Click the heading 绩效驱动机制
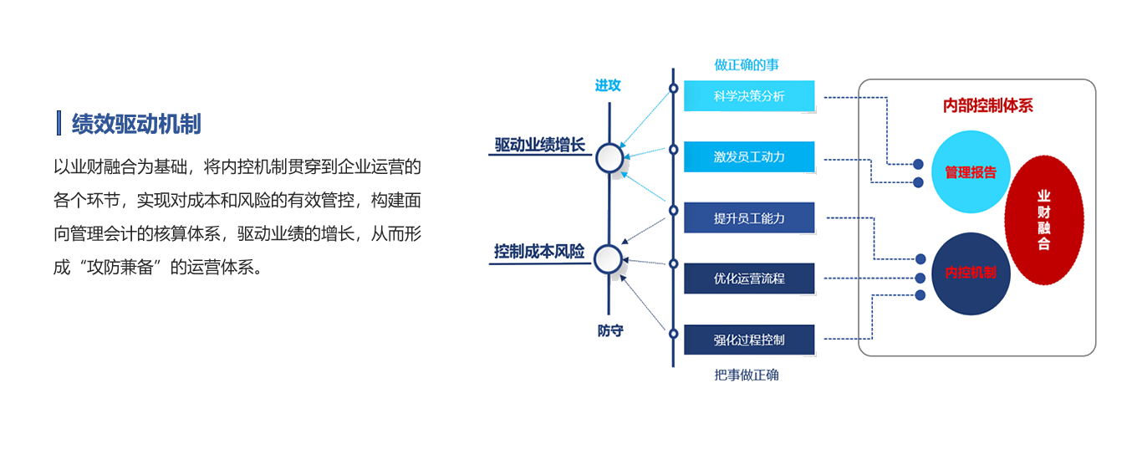tap(136, 124)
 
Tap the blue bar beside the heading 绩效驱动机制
tap(59, 123)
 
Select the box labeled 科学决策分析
tap(749, 96)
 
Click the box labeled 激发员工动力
tap(749, 156)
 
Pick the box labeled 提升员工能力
tap(749, 217)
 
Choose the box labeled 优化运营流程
tap(749, 279)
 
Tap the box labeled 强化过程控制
tap(749, 340)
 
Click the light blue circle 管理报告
tap(970, 172)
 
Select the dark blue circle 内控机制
tap(970, 273)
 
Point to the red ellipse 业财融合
tap(1043, 220)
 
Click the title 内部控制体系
tap(988, 106)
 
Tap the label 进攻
tap(608, 85)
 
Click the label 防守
tap(610, 330)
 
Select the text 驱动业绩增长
tap(539, 145)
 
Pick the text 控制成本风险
tap(539, 251)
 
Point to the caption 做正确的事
tap(747, 64)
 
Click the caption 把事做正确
tap(747, 375)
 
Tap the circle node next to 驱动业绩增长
tap(609, 157)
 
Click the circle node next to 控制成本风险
tap(609, 259)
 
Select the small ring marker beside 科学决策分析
tap(673, 88)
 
